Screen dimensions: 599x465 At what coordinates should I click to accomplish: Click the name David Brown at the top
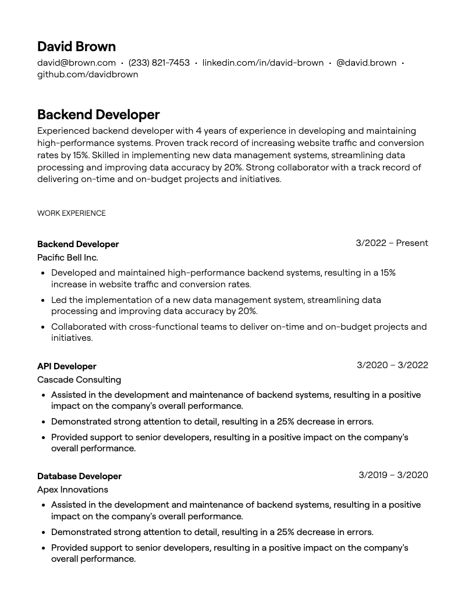(76, 47)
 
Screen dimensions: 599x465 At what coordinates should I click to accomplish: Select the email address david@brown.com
(76, 63)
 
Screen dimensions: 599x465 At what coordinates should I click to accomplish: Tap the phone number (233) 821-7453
(159, 63)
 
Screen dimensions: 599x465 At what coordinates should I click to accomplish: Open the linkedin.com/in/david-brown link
(262, 63)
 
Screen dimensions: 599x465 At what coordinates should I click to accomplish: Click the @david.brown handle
(366, 63)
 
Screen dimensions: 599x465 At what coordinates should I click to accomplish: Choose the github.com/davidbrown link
(87, 74)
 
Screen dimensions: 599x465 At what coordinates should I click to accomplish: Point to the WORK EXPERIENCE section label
(71, 213)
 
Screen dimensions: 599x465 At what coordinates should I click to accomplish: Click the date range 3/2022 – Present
(392, 243)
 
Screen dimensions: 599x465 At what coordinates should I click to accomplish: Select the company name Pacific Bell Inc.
(68, 258)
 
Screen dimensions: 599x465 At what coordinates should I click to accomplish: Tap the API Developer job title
(66, 366)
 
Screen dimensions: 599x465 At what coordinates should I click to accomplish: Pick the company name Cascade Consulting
(79, 380)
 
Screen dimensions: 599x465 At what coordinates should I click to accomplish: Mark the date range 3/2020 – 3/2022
(392, 365)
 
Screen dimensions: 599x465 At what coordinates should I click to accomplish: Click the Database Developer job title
(79, 476)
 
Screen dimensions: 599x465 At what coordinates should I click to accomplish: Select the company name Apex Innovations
(72, 490)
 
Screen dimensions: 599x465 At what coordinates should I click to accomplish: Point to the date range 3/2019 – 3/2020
(393, 475)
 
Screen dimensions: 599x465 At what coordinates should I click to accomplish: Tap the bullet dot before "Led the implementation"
(44, 301)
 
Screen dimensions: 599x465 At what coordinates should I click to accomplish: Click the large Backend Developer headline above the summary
(98, 115)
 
